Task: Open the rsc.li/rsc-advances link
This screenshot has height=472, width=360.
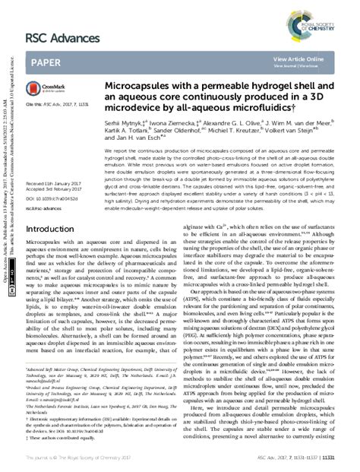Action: click(x=44, y=185)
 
